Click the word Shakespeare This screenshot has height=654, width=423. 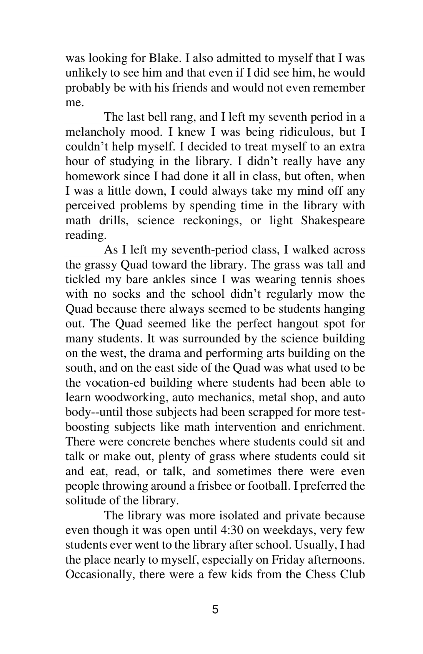pos(333,220)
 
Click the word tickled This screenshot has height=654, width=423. pos(82,279)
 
